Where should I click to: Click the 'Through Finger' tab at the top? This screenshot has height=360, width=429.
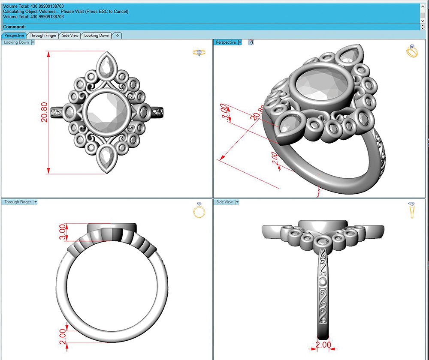point(43,36)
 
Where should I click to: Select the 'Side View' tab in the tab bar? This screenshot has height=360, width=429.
point(70,36)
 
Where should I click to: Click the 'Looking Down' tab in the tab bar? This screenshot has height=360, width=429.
point(97,36)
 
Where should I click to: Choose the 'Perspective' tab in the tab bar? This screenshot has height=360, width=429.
point(15,36)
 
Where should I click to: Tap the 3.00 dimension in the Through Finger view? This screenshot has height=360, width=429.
point(63,232)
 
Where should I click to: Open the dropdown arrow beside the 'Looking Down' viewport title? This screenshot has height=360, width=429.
point(33,42)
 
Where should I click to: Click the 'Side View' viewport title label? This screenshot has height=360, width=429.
point(224,202)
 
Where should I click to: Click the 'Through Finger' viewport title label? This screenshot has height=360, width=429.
point(18,202)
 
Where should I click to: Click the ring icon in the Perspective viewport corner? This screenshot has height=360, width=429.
point(411,51)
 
